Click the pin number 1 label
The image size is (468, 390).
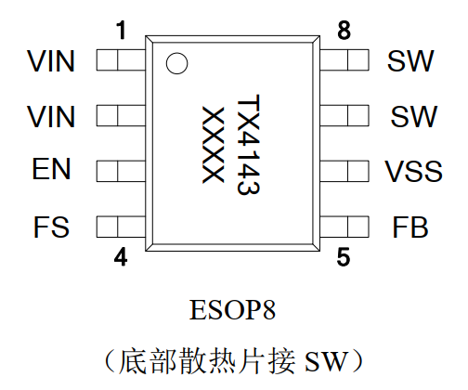tap(122, 31)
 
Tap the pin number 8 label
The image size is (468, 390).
tap(344, 31)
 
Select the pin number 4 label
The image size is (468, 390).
tap(121, 256)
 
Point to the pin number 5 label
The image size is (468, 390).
tap(344, 256)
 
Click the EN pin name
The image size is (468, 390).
tap(51, 169)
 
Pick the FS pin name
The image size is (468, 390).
tap(51, 227)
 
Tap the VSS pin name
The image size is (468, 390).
tap(413, 171)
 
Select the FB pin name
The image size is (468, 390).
tap(410, 227)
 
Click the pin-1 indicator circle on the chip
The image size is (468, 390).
tap(176, 63)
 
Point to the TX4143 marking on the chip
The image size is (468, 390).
tap(248, 145)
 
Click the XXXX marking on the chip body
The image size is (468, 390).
tap(213, 145)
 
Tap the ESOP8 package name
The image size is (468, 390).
tap(232, 310)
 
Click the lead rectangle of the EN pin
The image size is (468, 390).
tap(121, 171)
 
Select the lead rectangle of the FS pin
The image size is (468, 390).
tap(121, 227)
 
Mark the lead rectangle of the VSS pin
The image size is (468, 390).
tap(344, 171)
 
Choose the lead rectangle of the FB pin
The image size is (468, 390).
tap(344, 227)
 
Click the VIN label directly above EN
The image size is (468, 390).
tap(51, 116)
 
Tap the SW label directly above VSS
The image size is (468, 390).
tap(414, 116)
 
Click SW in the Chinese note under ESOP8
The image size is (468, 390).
tap(326, 361)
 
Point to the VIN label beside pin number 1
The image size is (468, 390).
tap(51, 61)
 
